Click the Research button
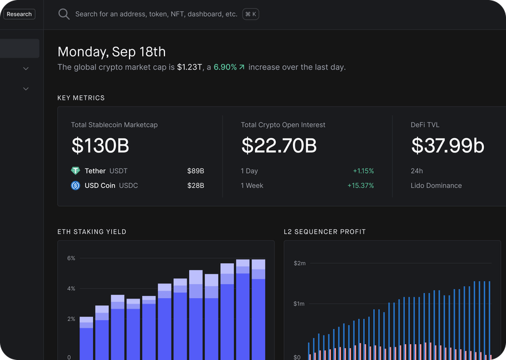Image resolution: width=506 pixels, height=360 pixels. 18,14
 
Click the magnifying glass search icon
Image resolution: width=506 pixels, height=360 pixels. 64,14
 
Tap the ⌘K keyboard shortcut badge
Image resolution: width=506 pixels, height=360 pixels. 250,14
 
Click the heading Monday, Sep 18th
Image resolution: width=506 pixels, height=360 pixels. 111,52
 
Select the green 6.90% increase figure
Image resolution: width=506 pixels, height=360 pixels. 225,67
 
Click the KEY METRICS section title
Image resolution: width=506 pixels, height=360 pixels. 81,98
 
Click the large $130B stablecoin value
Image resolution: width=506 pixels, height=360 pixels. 100,146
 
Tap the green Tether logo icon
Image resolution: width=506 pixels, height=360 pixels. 76,171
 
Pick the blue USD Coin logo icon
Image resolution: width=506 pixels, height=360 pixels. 76,185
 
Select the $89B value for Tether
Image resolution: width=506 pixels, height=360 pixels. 195,171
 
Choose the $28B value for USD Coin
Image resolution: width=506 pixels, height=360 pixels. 195,185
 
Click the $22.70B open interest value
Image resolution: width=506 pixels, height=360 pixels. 279,146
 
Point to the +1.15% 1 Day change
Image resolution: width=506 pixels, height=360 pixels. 363,171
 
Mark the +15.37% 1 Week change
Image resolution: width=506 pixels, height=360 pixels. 361,185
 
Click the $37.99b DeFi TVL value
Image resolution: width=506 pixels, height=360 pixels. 447,146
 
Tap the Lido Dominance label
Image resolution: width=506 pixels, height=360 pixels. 436,185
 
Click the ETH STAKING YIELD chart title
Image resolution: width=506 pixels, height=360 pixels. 92,232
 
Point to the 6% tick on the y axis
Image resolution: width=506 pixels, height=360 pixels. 71,258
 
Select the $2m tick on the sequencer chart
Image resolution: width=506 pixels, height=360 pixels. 299,263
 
